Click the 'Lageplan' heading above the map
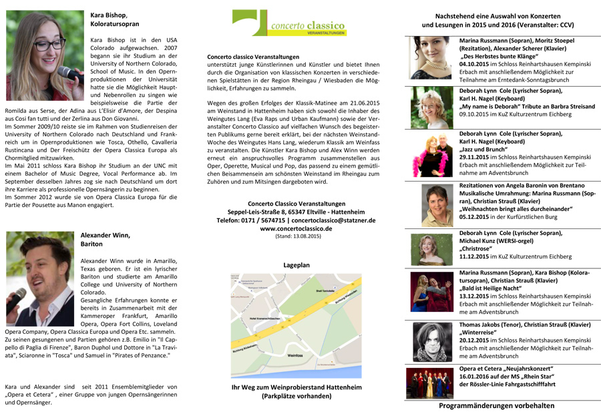[296, 265]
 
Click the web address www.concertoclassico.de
[296, 228]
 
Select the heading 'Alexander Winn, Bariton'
[105, 240]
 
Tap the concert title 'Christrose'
[477, 248]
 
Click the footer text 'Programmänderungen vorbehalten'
[496, 405]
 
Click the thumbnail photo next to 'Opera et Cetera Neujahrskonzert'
[431, 383]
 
